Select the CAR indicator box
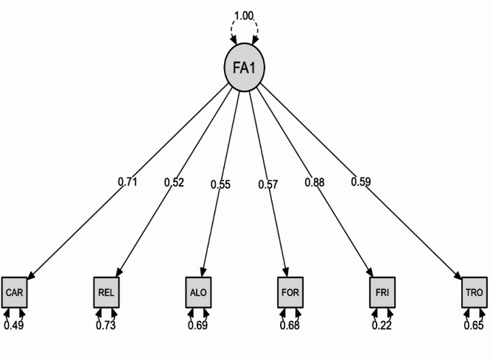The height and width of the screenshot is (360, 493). (x=14, y=293)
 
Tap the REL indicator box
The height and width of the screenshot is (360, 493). (x=106, y=293)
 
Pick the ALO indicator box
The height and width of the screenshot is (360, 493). (x=198, y=293)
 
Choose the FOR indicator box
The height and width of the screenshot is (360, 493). (x=290, y=293)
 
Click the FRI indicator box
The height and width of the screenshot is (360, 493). (x=381, y=293)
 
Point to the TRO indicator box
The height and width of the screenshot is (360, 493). (x=474, y=293)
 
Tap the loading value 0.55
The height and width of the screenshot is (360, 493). (x=221, y=184)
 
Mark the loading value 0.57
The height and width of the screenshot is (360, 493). (x=267, y=184)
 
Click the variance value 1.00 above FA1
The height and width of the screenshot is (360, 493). (x=245, y=15)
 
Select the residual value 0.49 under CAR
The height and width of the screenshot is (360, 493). (x=15, y=325)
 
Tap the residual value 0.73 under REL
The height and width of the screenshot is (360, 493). (x=106, y=325)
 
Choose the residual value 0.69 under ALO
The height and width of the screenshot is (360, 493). (x=198, y=325)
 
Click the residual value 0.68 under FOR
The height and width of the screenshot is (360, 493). (x=290, y=325)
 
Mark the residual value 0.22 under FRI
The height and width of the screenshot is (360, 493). (x=381, y=325)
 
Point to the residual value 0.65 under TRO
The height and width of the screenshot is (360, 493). (x=474, y=325)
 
